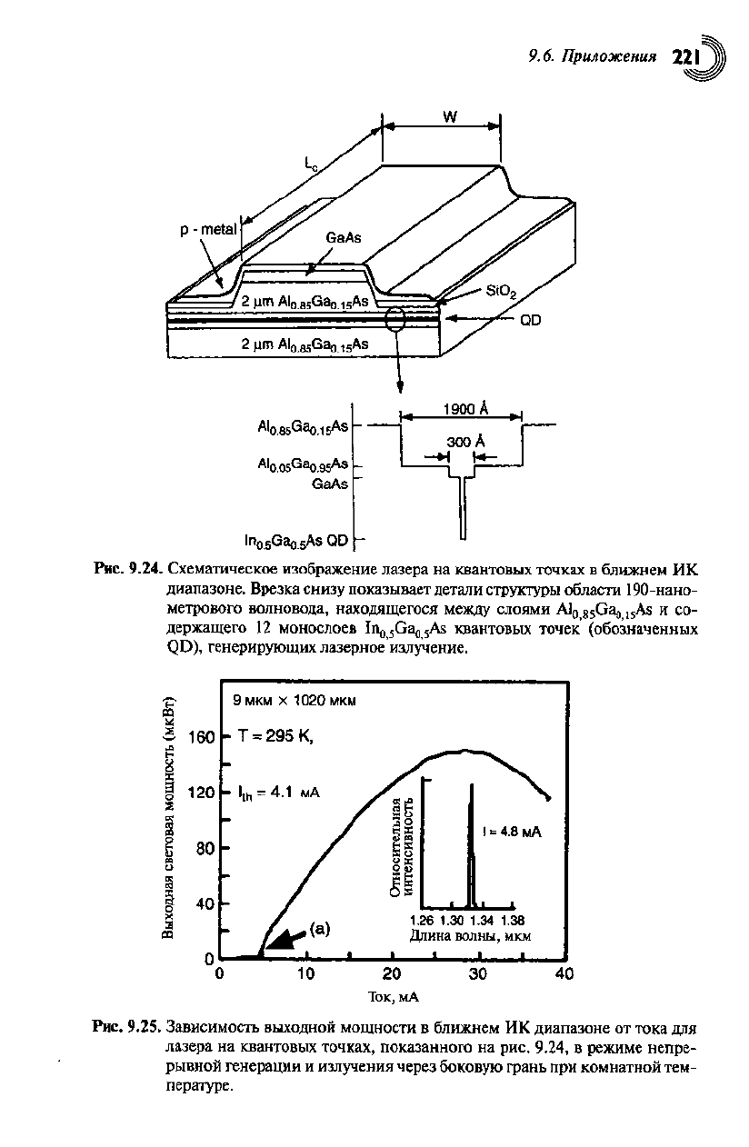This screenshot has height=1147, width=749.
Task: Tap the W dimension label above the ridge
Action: [x=449, y=116]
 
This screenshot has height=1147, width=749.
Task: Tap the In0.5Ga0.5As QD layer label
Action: [x=297, y=542]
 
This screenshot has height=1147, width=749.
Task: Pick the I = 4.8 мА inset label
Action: [x=512, y=832]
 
